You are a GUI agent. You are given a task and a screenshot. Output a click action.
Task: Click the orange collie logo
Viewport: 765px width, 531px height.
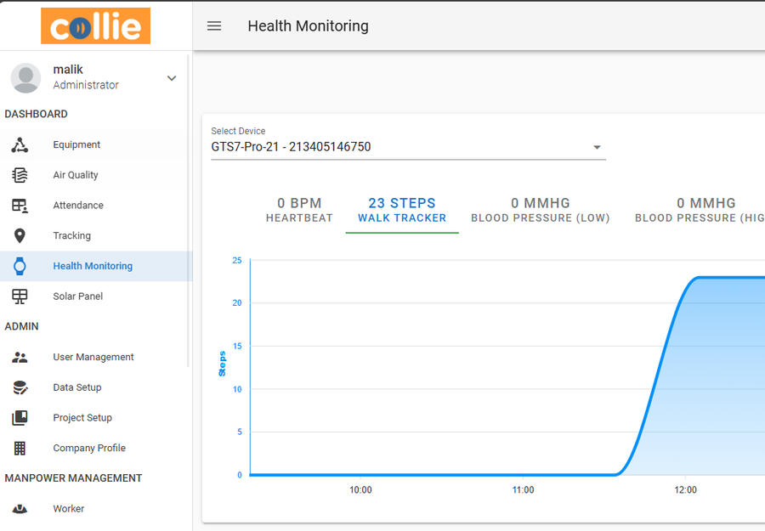95,25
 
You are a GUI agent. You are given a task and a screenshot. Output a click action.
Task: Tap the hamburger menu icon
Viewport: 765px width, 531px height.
214,26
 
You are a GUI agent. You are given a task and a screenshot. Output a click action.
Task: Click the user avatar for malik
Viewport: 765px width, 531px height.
25,77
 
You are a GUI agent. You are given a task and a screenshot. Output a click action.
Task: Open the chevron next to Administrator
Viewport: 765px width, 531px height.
172,78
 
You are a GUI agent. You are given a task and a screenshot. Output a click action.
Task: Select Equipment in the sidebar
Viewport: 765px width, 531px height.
76,145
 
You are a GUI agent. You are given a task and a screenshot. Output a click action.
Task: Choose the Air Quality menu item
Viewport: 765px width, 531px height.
76,175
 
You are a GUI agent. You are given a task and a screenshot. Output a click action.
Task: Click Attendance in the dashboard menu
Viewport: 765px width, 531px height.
78,206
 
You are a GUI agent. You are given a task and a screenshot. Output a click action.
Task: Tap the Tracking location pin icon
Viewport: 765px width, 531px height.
20,236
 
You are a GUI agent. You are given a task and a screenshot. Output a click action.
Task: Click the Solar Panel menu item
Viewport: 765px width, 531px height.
77,297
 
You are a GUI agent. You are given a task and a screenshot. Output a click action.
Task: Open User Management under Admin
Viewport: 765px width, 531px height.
93,358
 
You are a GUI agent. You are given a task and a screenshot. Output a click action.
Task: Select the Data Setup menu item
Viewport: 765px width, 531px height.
77,387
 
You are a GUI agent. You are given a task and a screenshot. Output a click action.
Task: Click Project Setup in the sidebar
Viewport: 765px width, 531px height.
82,418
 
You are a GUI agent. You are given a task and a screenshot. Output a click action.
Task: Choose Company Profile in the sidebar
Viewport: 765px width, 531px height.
89,449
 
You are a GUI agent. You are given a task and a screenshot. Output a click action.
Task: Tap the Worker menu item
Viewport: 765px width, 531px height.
69,509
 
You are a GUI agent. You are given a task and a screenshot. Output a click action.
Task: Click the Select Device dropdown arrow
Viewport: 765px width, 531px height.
598,147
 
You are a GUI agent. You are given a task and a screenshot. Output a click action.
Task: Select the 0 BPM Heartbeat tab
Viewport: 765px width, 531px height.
299,210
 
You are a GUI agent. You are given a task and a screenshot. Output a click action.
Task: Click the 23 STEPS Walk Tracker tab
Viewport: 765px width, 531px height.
402,210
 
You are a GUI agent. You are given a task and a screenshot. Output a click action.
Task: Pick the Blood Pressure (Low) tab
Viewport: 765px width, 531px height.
541,210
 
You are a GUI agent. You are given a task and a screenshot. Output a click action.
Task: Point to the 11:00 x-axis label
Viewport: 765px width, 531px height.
523,490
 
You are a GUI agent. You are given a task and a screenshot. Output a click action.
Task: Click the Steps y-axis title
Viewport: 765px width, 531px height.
223,364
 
